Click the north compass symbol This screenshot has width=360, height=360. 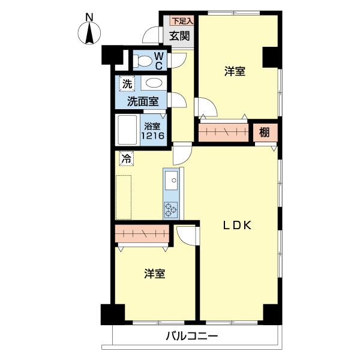pos(89,31)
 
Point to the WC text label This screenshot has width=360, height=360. pos(159,61)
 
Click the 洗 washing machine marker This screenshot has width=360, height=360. pos(126,84)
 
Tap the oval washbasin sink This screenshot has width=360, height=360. pos(154,83)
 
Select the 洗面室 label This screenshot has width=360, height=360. pos(142,101)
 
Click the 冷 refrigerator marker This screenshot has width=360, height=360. pos(126,159)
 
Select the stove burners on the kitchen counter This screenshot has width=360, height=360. pos(171,208)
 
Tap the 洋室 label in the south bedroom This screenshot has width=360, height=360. pos(155,274)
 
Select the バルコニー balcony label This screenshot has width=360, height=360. pos(191,336)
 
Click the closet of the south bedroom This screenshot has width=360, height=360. pos(142,233)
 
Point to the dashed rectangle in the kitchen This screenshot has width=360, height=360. pos(124,197)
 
